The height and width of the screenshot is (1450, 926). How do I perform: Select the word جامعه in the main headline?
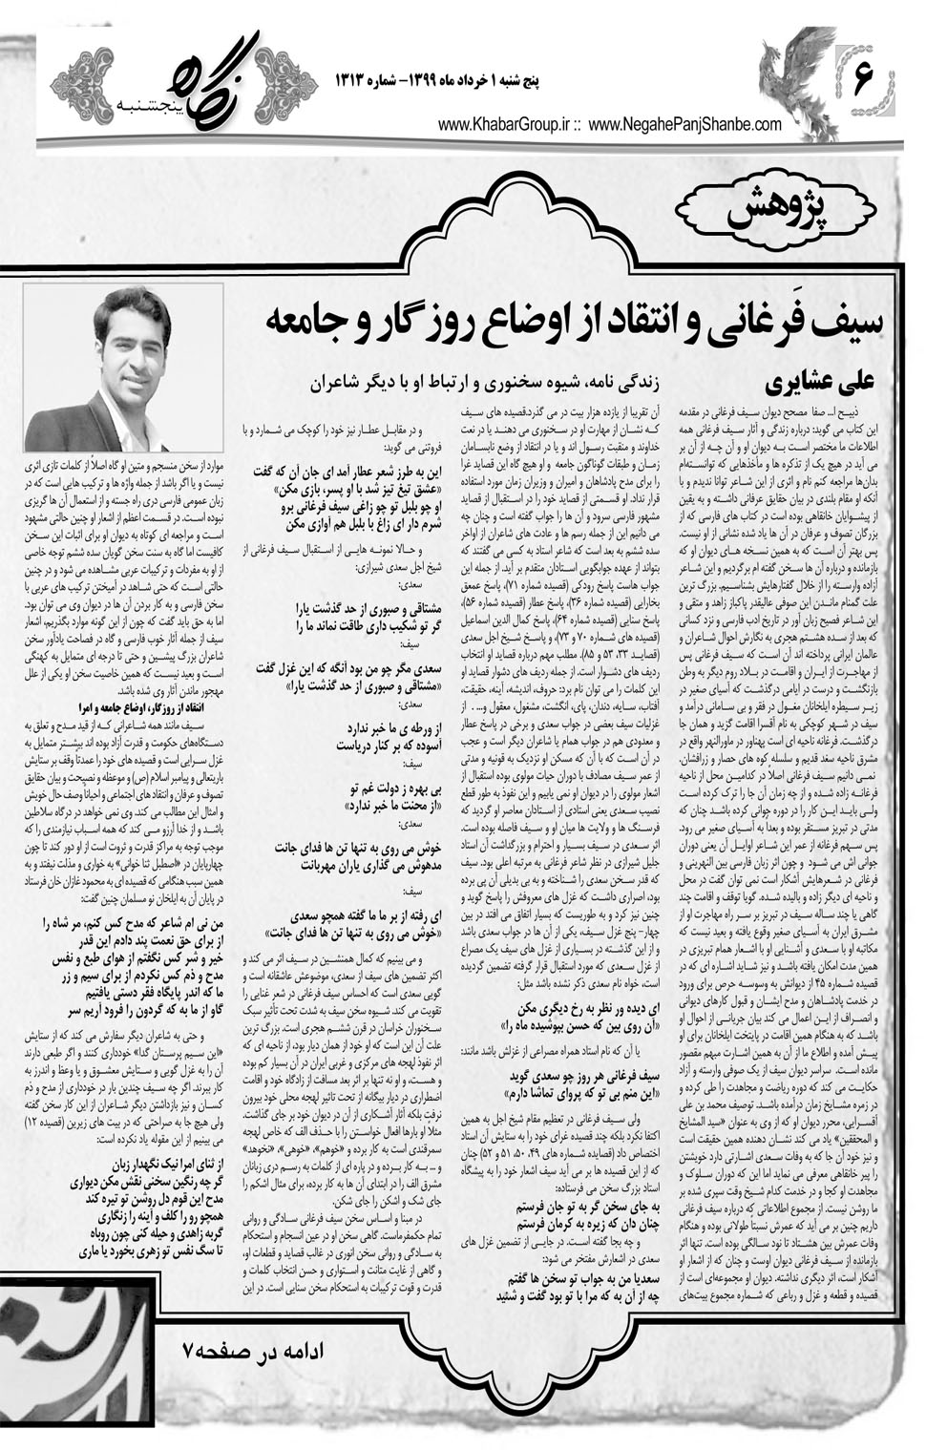tap(297, 326)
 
